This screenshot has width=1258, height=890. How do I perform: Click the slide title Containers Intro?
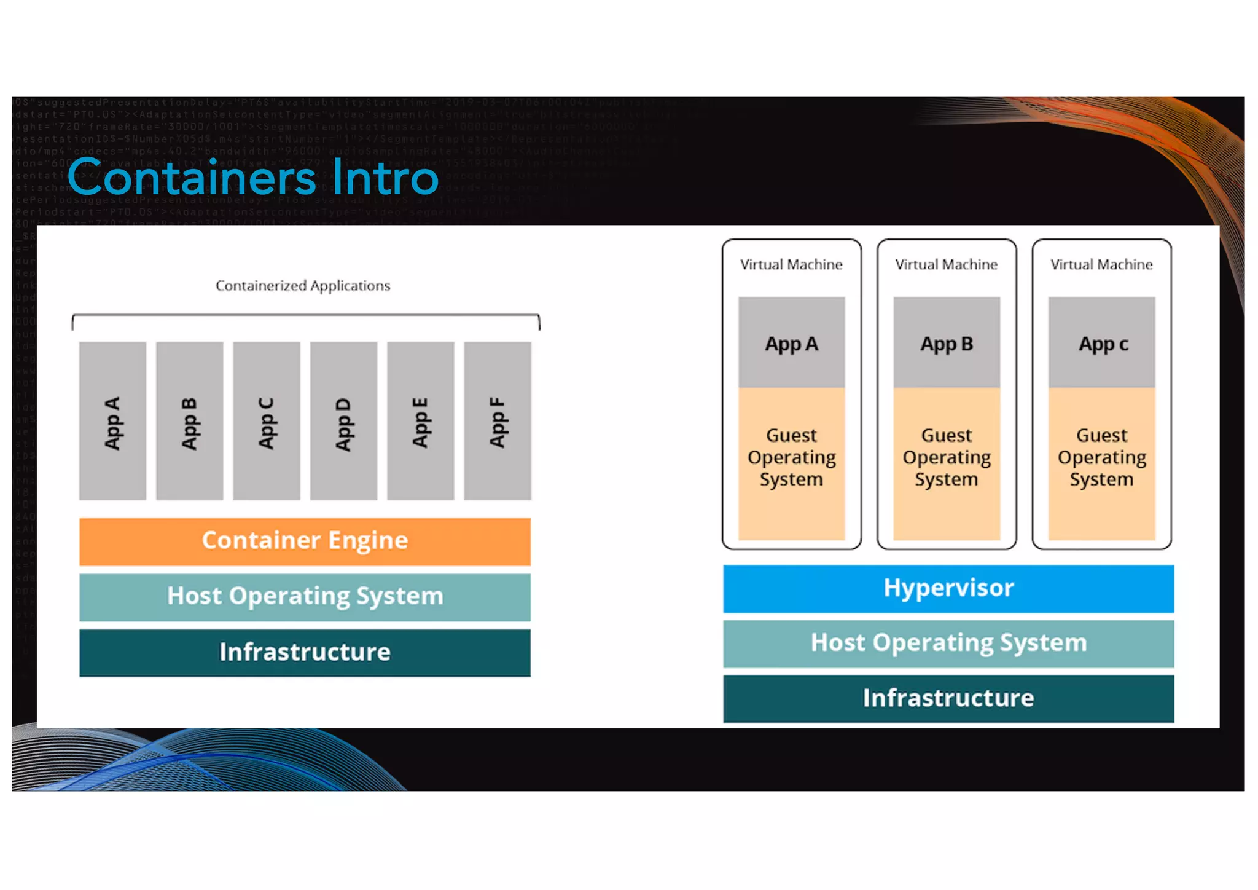(252, 177)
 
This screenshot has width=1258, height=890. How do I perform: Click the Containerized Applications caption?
(303, 286)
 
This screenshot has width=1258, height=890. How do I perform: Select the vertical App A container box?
(113, 421)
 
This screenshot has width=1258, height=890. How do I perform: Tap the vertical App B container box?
(190, 421)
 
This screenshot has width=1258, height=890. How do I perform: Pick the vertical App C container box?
(267, 421)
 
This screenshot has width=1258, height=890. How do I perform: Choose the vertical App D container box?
(343, 421)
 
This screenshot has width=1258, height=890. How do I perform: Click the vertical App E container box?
(421, 421)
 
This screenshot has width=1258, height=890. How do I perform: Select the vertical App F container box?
(498, 421)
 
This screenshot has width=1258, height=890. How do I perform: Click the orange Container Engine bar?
(305, 541)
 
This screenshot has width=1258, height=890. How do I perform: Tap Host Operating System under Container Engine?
(305, 596)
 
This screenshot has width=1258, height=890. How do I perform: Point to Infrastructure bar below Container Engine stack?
(305, 652)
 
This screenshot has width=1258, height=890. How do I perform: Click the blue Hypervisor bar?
(948, 588)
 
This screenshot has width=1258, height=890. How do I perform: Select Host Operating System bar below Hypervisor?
(948, 643)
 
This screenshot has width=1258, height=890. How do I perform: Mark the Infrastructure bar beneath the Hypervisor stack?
(948, 698)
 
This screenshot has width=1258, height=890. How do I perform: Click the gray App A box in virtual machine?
(792, 343)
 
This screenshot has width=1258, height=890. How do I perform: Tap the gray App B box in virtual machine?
(947, 343)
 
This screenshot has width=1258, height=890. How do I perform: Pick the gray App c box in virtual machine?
(1102, 343)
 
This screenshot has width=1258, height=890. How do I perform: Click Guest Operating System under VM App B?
(947, 458)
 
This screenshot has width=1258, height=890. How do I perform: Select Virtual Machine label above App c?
(1101, 264)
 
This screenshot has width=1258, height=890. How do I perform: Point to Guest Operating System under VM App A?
(792, 458)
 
